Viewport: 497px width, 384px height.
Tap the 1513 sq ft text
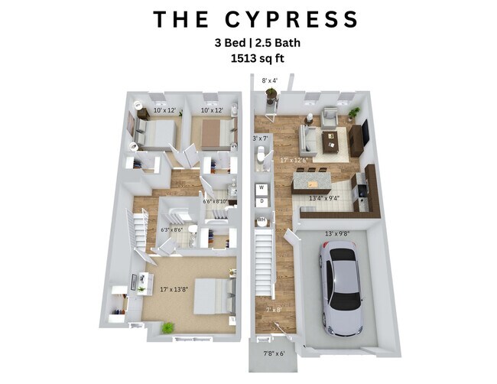tap(248, 57)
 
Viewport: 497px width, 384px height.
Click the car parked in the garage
tap(340, 286)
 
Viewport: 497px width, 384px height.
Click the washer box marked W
tap(261, 187)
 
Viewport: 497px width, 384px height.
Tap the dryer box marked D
tap(261, 202)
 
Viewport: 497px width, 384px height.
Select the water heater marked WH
tap(261, 220)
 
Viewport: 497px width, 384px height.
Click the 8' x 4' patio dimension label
tap(270, 80)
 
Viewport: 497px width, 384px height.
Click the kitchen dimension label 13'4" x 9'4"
tap(325, 198)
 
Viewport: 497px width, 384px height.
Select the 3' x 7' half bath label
tap(261, 138)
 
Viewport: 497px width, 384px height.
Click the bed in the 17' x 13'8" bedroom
tap(213, 295)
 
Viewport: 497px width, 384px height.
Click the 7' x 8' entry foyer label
tap(273, 309)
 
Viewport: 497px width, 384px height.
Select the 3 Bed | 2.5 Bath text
tap(248, 43)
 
